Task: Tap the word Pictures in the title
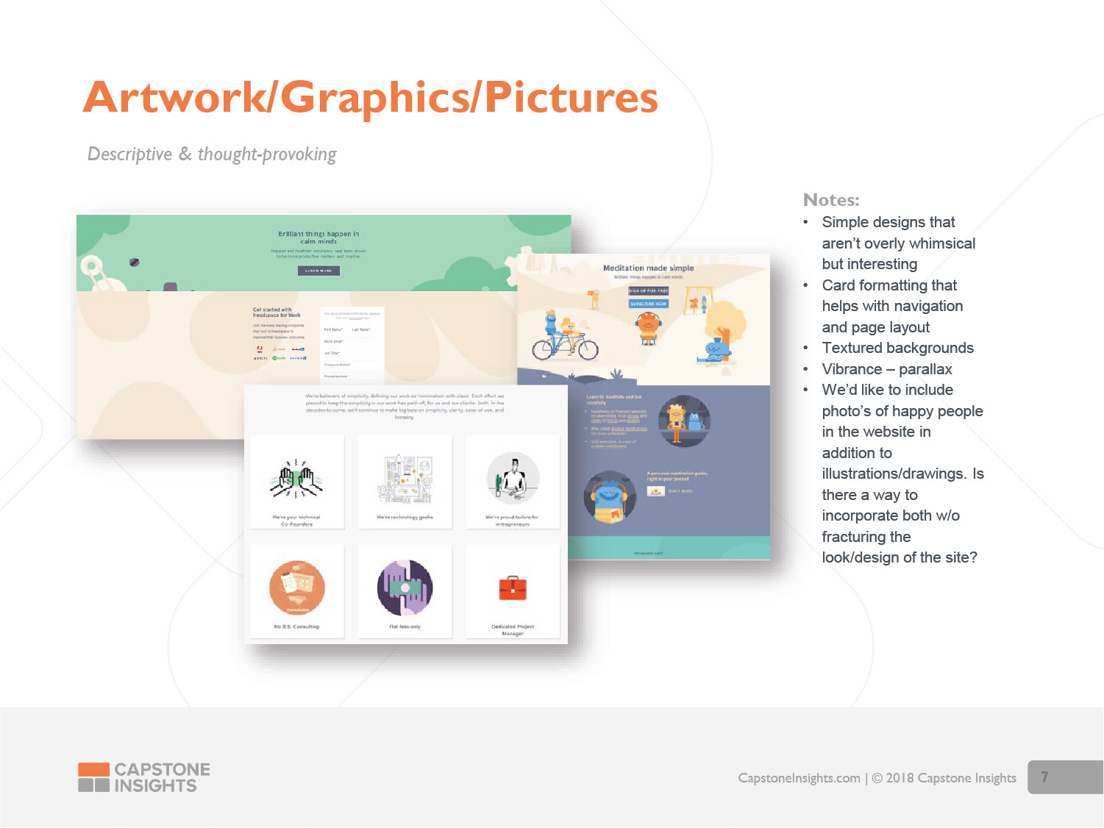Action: (571, 98)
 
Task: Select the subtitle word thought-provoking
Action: (267, 154)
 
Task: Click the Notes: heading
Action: (831, 200)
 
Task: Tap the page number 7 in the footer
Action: (1044, 777)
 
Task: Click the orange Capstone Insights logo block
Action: (93, 770)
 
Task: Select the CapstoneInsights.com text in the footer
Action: (799, 778)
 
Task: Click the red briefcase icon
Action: (513, 588)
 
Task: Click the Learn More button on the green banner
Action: (318, 271)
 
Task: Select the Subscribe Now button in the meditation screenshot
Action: (648, 303)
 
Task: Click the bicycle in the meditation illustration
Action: (565, 346)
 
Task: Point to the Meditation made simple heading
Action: (648, 268)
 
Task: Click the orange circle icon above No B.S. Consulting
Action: (297, 588)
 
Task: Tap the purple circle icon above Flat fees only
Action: (405, 588)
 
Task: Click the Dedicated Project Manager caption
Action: (513, 629)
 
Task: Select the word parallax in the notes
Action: (925, 369)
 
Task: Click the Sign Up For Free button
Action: (648, 290)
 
